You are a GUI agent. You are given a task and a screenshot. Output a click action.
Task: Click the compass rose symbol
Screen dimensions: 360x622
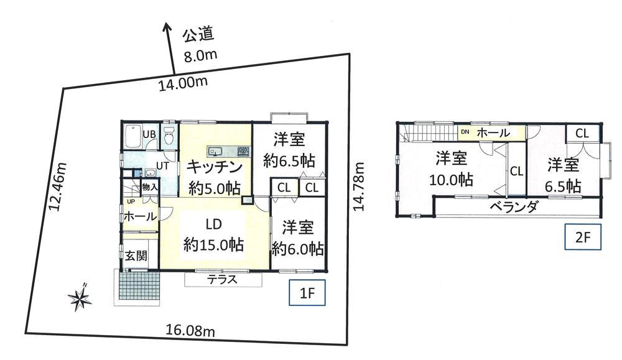[x=80, y=298]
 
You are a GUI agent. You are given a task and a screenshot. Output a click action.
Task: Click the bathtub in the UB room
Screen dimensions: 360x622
[x=131, y=136]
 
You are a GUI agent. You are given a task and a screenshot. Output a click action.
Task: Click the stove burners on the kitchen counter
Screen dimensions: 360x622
[x=243, y=150]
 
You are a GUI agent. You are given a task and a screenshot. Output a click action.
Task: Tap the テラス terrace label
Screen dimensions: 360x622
[x=222, y=280]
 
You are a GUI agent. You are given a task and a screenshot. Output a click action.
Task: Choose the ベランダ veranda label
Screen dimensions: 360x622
[x=513, y=207]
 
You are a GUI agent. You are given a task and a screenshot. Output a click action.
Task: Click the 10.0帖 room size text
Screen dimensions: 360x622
[x=451, y=180]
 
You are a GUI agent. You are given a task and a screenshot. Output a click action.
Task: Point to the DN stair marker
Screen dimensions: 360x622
[x=465, y=132]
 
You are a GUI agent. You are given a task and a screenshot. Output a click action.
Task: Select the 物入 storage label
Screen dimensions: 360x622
[x=149, y=186]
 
